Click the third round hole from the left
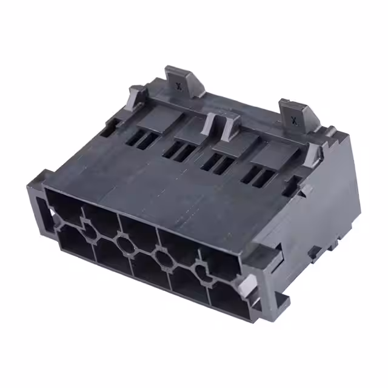click(x=162, y=257)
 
